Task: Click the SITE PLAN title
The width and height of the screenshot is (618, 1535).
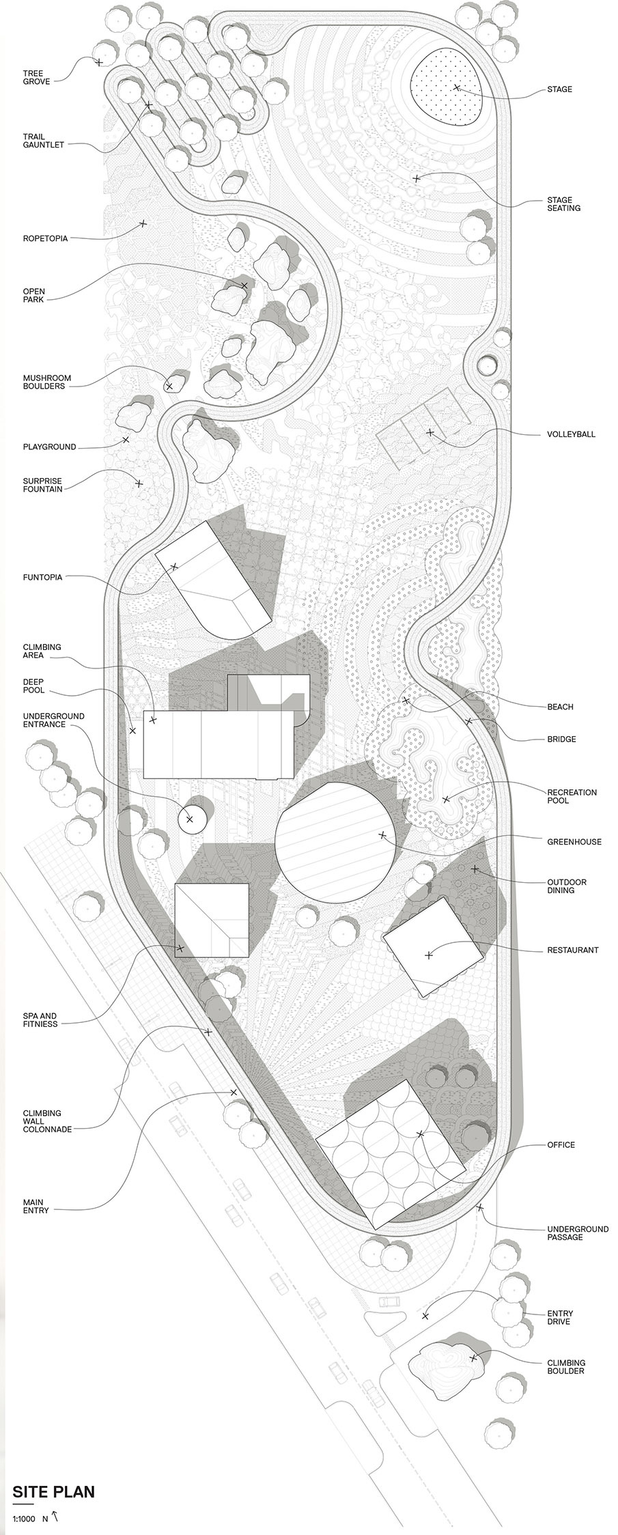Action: click(53, 1487)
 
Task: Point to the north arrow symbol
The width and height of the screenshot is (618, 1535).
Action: click(55, 1512)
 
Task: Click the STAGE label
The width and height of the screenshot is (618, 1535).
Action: click(559, 89)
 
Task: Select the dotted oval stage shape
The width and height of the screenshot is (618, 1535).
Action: click(449, 89)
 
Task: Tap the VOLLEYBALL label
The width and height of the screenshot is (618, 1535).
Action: click(570, 434)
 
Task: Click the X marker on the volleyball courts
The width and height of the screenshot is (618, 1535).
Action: click(430, 432)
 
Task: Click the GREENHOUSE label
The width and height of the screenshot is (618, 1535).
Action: click(574, 841)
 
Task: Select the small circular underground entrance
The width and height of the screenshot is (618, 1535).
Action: click(191, 818)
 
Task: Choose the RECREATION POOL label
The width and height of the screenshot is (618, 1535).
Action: click(572, 796)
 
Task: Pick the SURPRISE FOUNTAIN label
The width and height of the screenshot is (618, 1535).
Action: click(42, 485)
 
